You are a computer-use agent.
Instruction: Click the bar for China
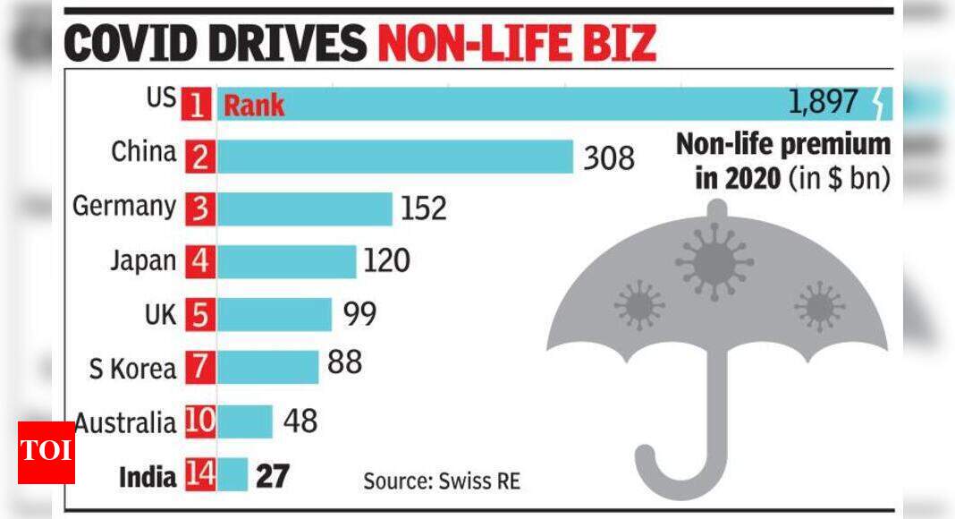click(394, 157)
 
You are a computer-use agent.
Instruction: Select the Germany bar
click(305, 208)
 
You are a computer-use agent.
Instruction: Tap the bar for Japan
click(287, 261)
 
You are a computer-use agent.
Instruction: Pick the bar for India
click(232, 474)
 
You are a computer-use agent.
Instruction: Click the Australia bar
click(245, 421)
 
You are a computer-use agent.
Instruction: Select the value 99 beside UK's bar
click(359, 314)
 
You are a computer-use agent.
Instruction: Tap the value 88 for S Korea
click(344, 363)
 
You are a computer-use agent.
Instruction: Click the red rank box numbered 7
click(200, 367)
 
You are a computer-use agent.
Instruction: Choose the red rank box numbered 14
click(200, 474)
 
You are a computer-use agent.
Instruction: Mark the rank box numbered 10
click(200, 421)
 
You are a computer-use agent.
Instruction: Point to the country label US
click(162, 98)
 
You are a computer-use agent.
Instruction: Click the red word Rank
click(253, 106)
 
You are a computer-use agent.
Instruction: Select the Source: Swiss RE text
click(441, 481)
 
